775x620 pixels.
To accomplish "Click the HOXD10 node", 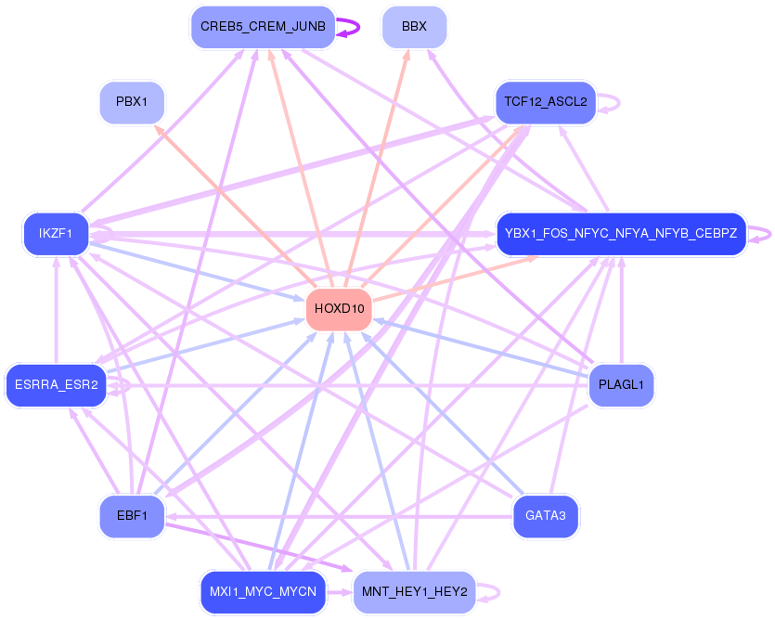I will [x=339, y=309].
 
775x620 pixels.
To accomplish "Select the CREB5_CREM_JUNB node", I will [x=262, y=27].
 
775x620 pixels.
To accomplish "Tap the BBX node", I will [x=414, y=27].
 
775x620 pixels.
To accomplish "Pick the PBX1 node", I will [x=132, y=101].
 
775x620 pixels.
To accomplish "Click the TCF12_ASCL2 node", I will [x=545, y=101].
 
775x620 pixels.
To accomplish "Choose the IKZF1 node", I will [x=56, y=233].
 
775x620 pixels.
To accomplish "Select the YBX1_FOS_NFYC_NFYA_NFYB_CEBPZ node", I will [x=621, y=233].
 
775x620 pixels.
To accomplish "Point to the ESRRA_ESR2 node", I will [x=56, y=385].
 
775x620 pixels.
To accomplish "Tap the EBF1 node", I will [x=132, y=515].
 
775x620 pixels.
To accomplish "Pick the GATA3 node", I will [x=545, y=515].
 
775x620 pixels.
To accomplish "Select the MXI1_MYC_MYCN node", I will [x=263, y=591].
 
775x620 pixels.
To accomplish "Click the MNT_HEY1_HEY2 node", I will [x=414, y=591].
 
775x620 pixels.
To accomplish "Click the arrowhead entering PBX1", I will [x=160, y=129].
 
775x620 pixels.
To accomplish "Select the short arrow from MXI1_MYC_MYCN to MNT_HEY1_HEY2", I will [x=340, y=591].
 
